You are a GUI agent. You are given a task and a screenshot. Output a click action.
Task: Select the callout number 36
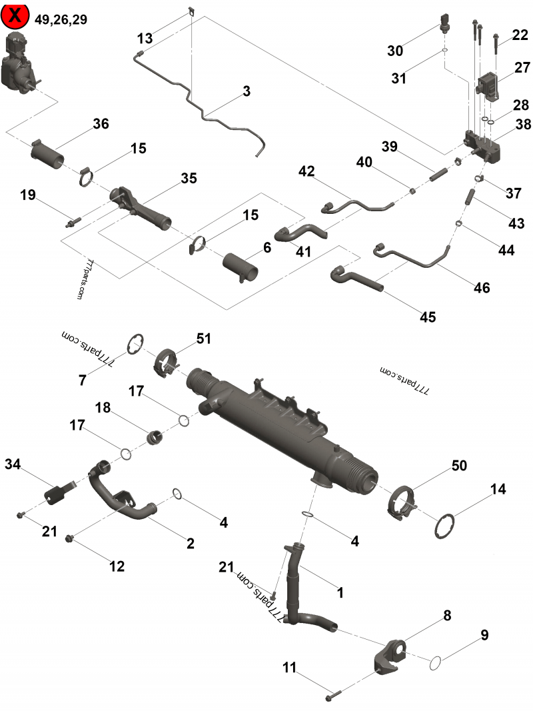tap(101, 124)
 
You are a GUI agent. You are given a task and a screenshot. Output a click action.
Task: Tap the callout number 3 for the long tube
tap(247, 91)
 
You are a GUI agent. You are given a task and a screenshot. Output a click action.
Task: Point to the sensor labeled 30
tap(445, 23)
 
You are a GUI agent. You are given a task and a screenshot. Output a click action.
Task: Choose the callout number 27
tap(522, 67)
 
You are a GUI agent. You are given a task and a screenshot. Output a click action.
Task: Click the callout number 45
tap(428, 317)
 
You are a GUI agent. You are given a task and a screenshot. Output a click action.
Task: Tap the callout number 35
tap(189, 178)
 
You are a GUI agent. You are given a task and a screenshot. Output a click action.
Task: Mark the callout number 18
tap(103, 407)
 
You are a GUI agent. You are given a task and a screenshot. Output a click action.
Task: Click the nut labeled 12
tap(71, 538)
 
